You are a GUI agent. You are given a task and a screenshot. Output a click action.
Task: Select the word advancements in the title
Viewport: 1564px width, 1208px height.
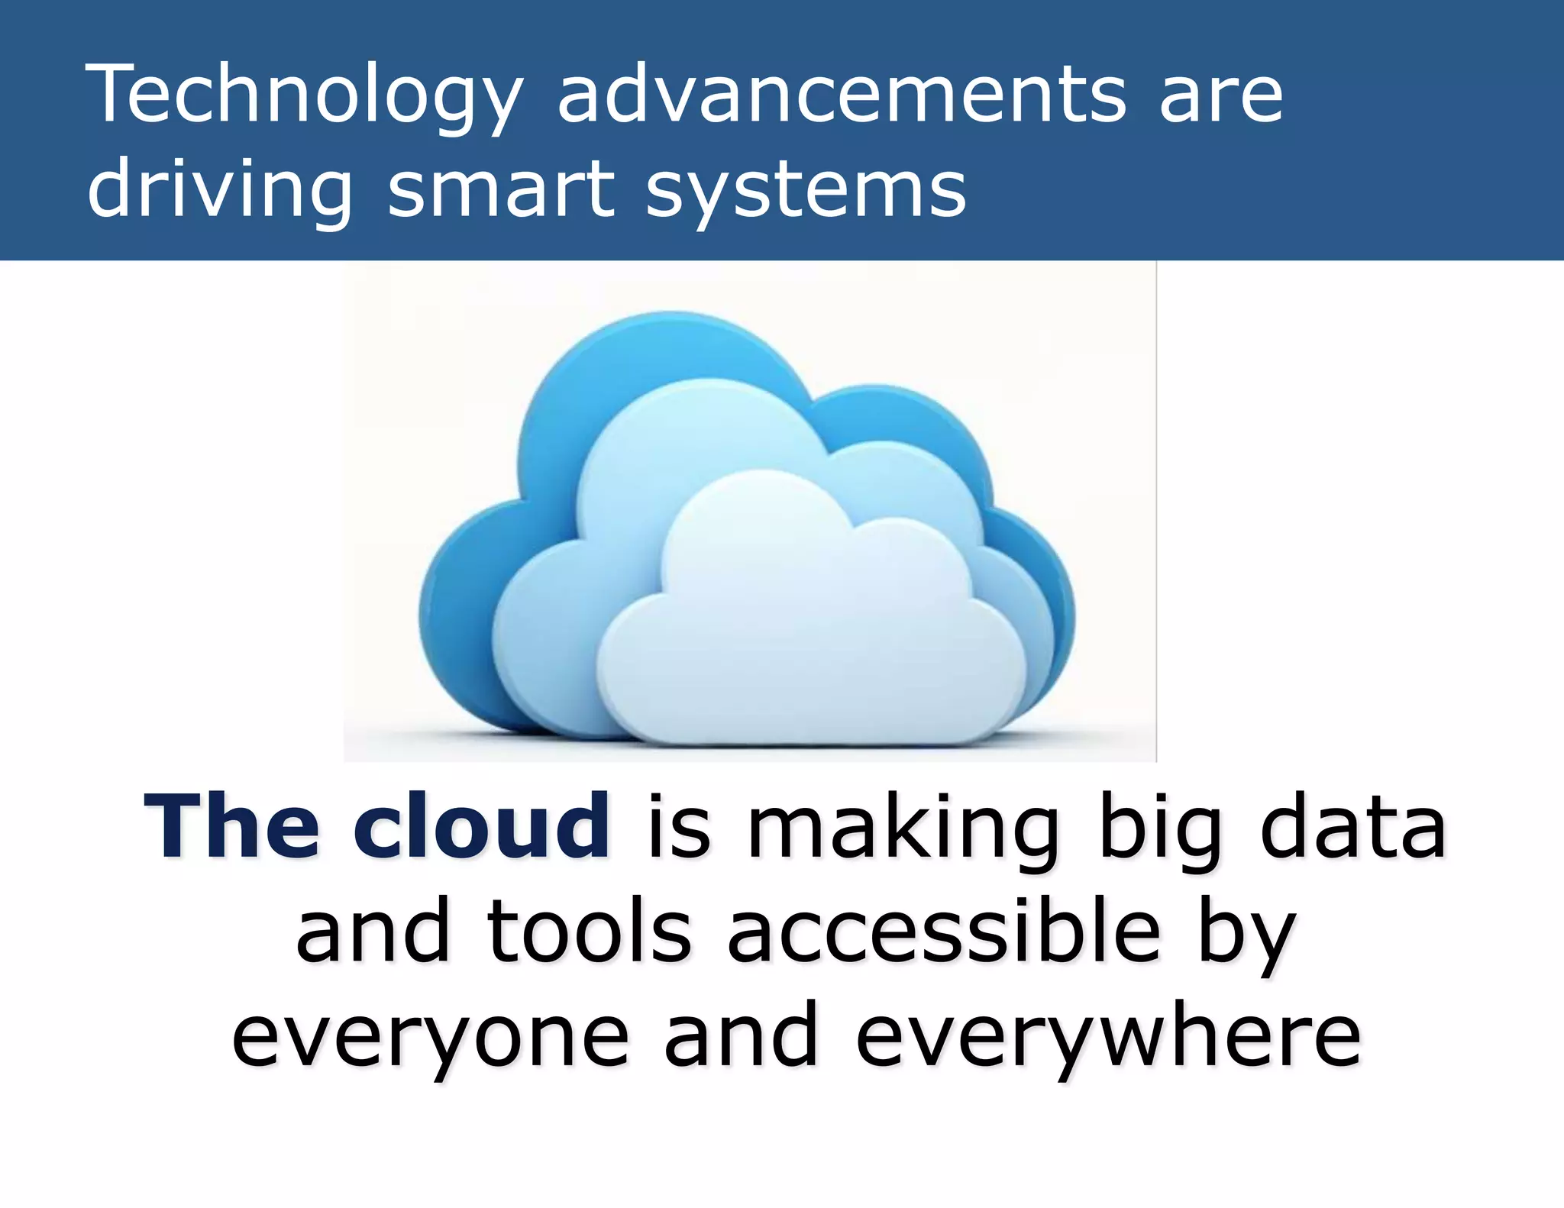coord(841,95)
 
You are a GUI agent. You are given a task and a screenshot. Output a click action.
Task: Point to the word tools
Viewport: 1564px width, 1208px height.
coord(588,932)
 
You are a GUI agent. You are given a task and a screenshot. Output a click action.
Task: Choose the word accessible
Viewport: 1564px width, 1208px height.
coord(943,932)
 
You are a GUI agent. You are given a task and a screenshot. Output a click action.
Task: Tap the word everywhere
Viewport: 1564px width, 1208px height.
coord(1107,1038)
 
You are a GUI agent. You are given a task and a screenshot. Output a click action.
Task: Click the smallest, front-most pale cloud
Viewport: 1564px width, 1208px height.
coord(809,634)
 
